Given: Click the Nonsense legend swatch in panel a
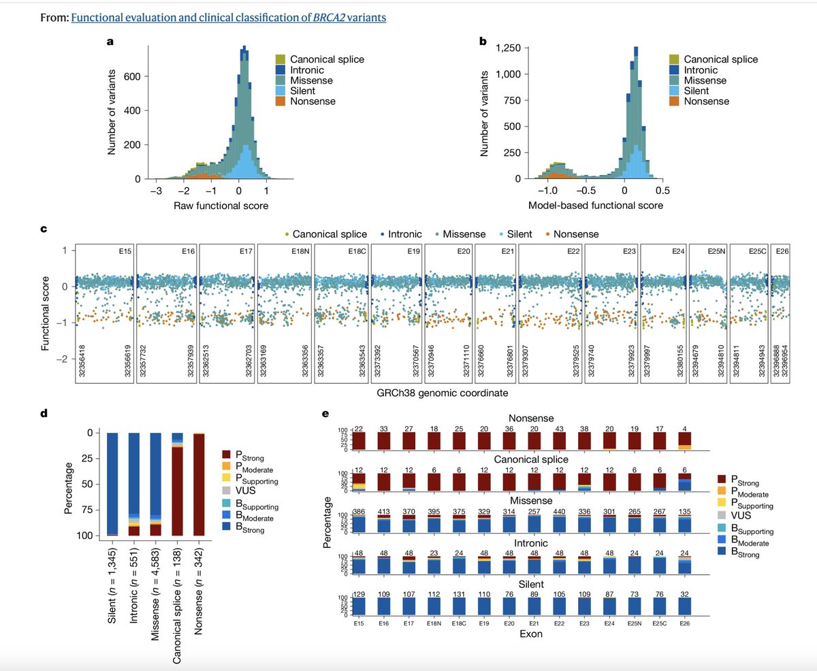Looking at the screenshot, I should [280, 101].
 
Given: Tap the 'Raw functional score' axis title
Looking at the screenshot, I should [211, 205].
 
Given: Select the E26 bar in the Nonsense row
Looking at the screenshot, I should [686, 441].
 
